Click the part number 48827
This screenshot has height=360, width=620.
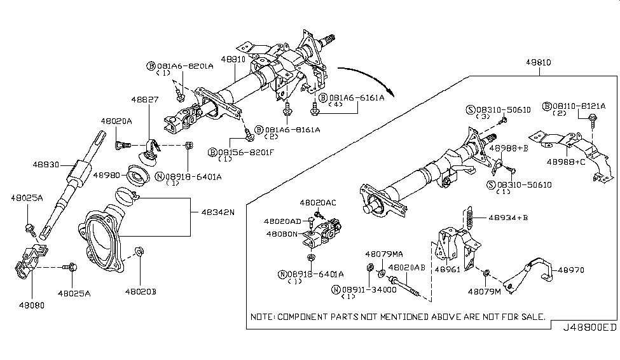click(146, 100)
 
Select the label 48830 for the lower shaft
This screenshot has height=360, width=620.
click(46, 164)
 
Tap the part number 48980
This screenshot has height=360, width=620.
click(106, 174)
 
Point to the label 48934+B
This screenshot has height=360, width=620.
click(510, 218)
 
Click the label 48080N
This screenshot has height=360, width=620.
click(281, 233)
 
